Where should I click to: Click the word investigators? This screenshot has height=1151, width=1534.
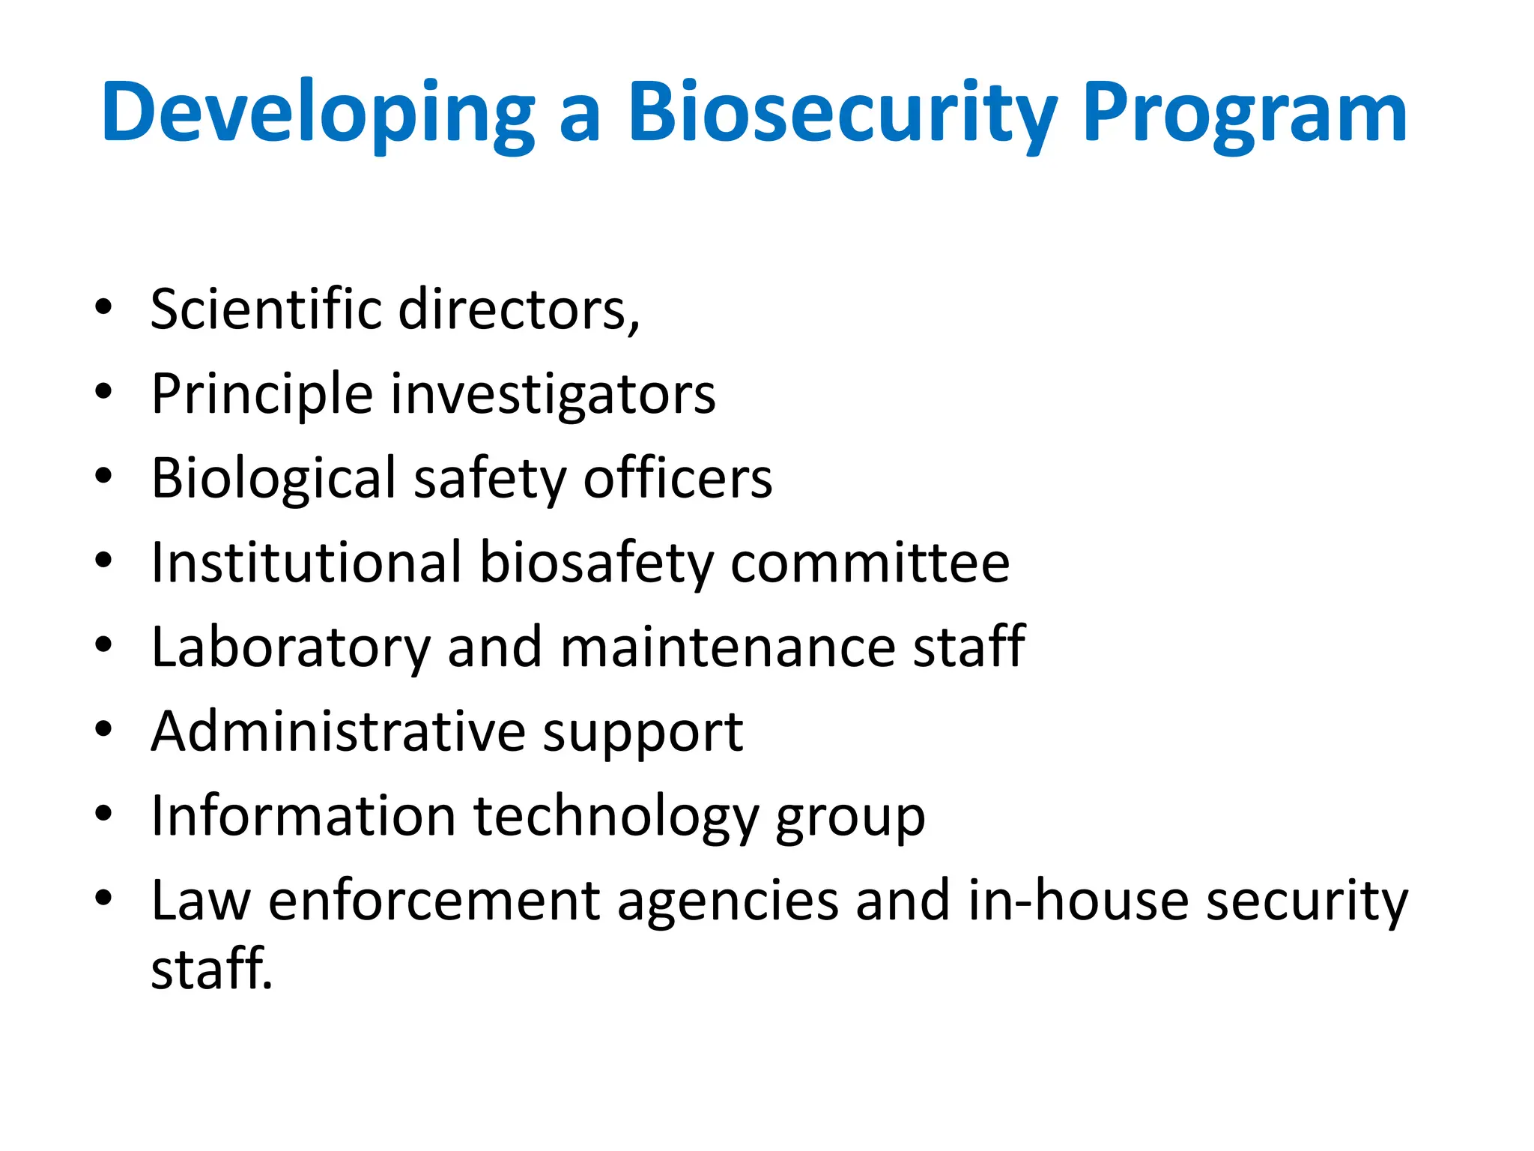[554, 394]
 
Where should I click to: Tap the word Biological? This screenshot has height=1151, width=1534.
[273, 477]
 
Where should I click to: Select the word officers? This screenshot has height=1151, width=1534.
[678, 477]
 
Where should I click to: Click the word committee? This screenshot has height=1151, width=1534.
[870, 563]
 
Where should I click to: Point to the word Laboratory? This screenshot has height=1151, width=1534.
[291, 646]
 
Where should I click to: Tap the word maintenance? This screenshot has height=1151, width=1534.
[727, 646]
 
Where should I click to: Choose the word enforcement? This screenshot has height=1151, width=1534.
[434, 899]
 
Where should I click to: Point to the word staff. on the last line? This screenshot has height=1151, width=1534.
[212, 969]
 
